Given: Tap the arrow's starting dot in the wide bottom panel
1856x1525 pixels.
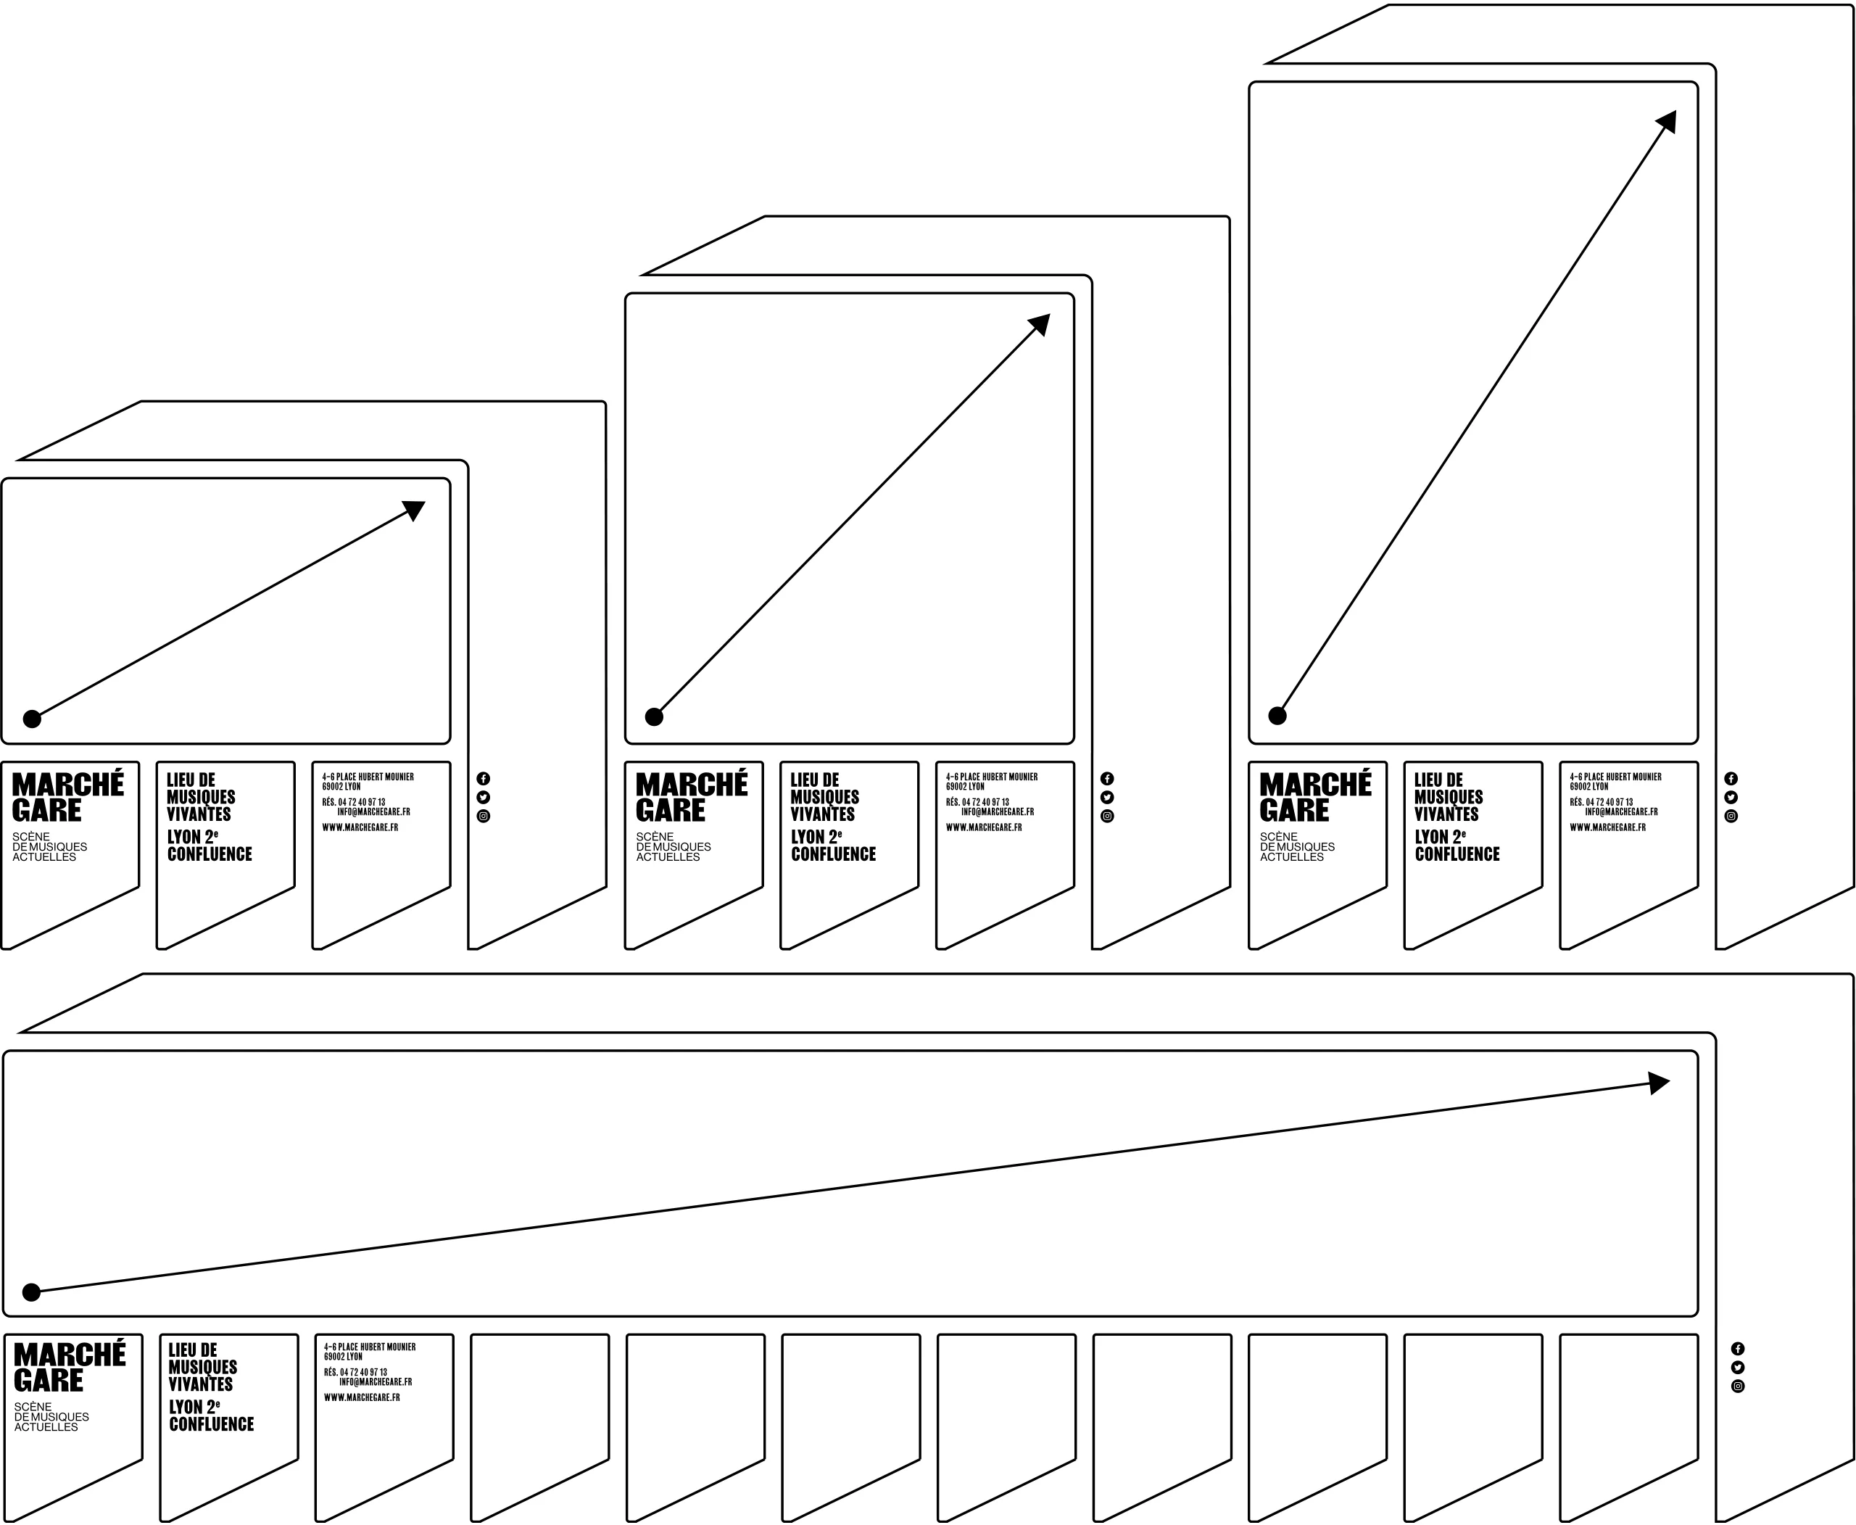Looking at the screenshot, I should [x=32, y=1292].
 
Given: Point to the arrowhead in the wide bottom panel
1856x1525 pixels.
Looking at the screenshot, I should [x=1658, y=1083].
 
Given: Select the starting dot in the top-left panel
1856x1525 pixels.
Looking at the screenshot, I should [x=33, y=719].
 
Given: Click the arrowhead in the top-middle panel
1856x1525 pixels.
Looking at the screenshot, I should [x=1040, y=324].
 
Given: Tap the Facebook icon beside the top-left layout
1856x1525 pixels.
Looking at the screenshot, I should [x=483, y=778].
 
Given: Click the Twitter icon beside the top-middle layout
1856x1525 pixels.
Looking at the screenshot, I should [x=1107, y=798].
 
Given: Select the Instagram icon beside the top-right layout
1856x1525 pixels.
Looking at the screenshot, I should [x=1731, y=816].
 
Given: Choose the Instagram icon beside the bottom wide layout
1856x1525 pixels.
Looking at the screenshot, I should [x=1737, y=1386].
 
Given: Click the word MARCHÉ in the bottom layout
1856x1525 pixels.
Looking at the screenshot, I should [x=70, y=1355].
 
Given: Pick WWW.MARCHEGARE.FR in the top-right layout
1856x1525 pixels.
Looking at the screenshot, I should [x=1607, y=827].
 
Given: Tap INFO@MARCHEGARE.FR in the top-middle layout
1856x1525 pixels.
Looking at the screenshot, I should [x=997, y=811].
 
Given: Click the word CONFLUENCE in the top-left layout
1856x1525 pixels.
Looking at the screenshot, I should [x=210, y=854].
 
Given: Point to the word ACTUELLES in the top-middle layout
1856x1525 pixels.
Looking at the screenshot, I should [x=668, y=857].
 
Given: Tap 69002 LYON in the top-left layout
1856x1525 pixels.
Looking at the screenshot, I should [x=341, y=787].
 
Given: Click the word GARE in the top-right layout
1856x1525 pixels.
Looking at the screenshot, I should [x=1294, y=811].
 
